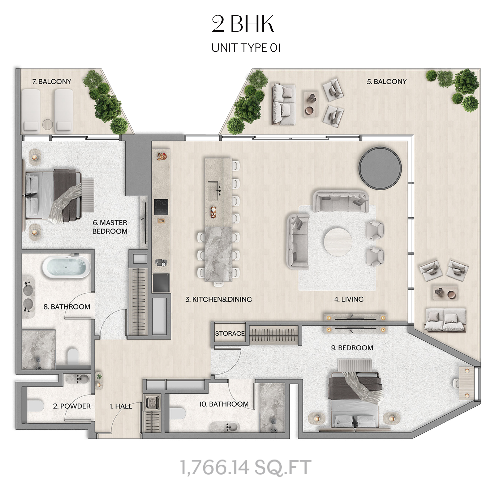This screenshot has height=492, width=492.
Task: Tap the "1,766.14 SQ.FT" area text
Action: pos(246,467)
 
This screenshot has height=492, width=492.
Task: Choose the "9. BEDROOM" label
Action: pos(352,348)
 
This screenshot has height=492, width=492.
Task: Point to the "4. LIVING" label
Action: pos(349,299)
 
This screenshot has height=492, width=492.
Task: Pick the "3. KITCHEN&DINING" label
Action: pos(218,299)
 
